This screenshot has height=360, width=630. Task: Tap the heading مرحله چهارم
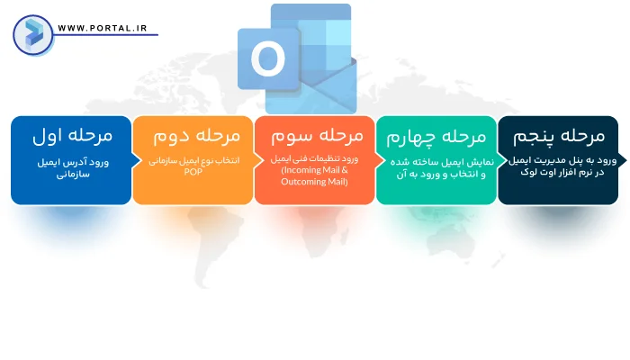pos(436,137)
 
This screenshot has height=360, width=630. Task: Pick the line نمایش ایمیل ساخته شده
pos(436,162)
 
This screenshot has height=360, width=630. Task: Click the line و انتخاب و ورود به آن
pos(436,175)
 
